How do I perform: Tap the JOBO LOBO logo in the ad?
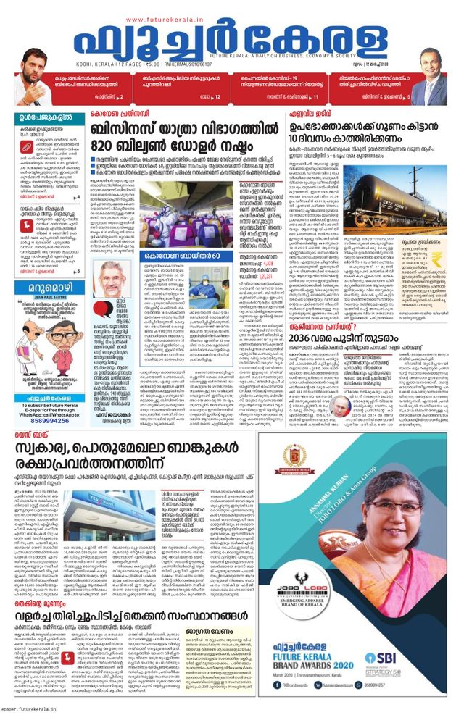[x=302, y=606]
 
